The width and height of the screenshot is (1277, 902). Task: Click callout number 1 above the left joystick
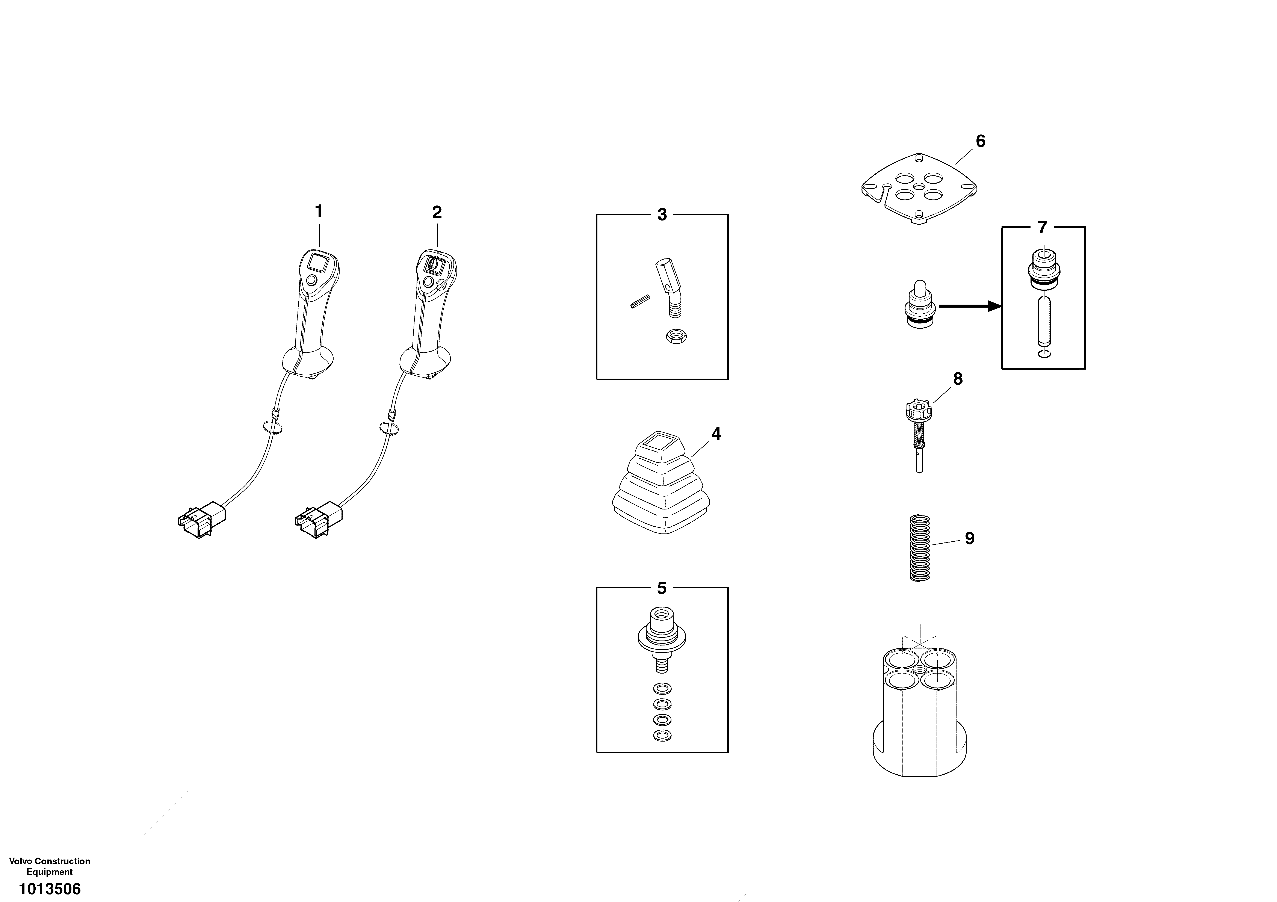pyautogui.click(x=319, y=211)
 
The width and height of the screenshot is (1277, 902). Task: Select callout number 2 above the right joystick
pyautogui.click(x=437, y=212)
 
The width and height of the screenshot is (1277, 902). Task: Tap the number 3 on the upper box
pyautogui.click(x=662, y=215)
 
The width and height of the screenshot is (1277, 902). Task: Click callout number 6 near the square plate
pyautogui.click(x=981, y=141)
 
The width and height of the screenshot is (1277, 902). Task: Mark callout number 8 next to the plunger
pyautogui.click(x=958, y=379)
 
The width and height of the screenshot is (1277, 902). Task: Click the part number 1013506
pyautogui.click(x=50, y=889)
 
